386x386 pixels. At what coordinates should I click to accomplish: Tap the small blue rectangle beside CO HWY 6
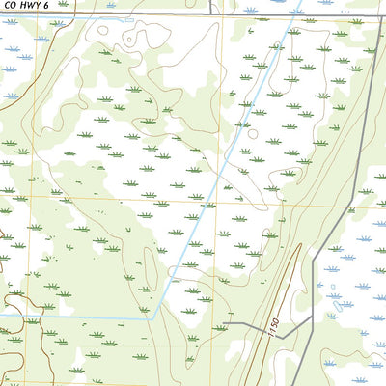(x=109, y=17)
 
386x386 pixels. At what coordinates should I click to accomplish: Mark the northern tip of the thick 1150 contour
(x=300, y=245)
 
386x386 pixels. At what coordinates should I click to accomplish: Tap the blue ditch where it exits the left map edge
(x=2, y=315)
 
